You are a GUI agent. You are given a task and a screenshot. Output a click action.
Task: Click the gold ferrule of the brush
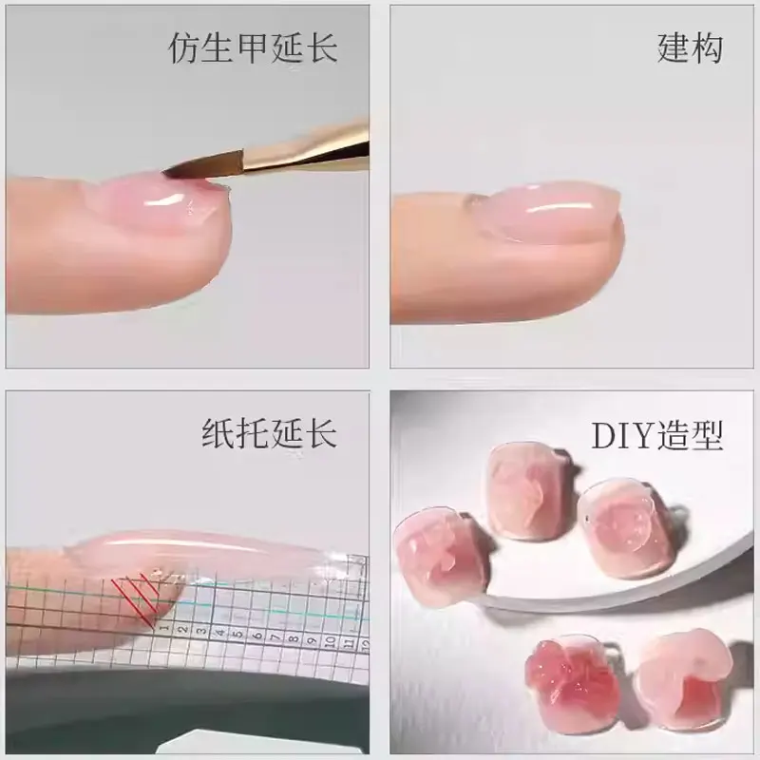tap(313, 146)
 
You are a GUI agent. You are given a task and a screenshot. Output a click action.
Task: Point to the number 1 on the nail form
tap(164, 628)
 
